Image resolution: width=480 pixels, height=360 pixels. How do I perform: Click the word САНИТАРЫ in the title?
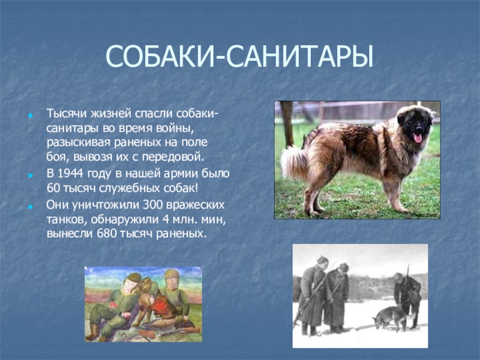[300, 56]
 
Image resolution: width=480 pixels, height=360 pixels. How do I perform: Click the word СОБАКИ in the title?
[159, 56]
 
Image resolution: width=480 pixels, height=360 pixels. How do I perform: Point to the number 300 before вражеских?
[153, 205]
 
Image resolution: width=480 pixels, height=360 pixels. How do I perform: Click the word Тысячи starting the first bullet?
[67, 113]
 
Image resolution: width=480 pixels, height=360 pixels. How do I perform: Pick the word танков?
[67, 220]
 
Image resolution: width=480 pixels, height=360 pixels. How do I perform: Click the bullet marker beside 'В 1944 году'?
[30, 175]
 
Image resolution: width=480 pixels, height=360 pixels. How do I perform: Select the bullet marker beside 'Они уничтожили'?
[30, 206]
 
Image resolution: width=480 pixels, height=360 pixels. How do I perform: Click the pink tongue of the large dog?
[418, 138]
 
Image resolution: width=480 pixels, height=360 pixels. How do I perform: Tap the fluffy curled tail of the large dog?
[293, 162]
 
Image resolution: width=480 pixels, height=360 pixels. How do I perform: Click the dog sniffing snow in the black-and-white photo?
[390, 319]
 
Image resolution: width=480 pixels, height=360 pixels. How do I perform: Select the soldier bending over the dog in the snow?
[406, 297]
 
